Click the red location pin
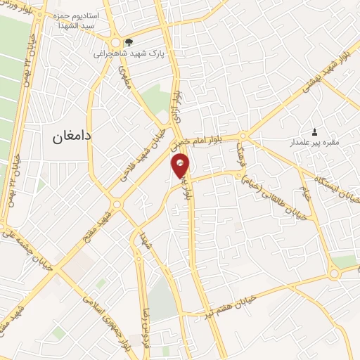coord(181,166)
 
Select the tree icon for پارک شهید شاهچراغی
coord(127,41)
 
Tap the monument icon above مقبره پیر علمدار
coord(314,131)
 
